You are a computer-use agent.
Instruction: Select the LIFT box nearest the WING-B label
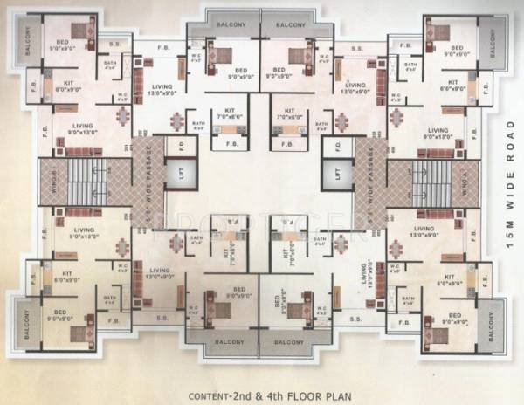(181, 175)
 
